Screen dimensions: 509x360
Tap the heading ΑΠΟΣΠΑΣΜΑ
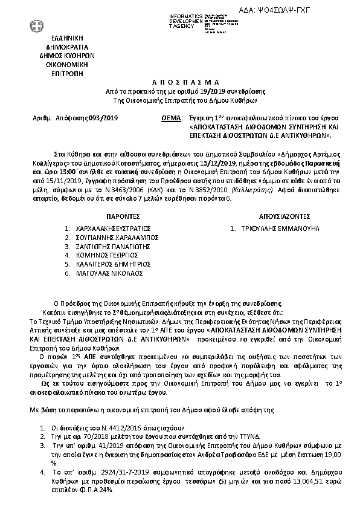tap(180, 83)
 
